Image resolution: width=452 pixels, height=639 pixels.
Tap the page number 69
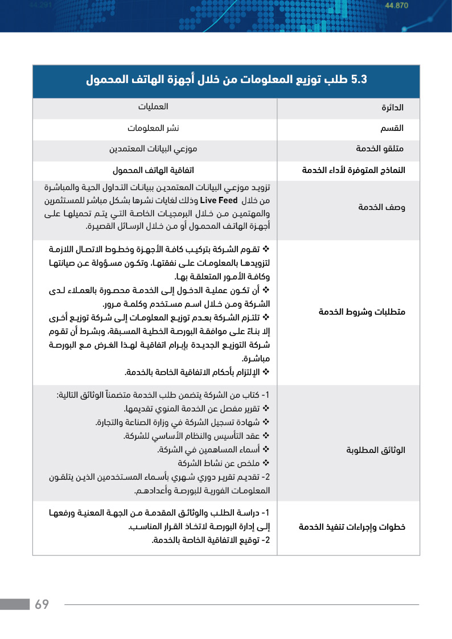(42, 604)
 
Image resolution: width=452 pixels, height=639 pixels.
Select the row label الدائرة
(393, 108)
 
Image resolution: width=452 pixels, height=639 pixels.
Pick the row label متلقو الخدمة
(380, 149)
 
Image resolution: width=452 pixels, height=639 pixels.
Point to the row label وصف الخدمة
(381, 207)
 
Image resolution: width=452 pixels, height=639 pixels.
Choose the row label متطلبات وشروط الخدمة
(362, 312)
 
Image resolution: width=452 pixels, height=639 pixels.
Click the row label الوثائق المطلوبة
(376, 450)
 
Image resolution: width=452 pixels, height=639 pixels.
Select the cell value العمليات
(154, 106)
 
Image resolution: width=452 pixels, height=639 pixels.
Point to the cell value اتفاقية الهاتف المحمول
(154, 170)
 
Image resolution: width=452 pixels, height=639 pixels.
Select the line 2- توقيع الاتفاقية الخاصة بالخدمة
(209, 540)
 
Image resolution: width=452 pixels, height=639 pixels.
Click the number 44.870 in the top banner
(397, 6)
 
